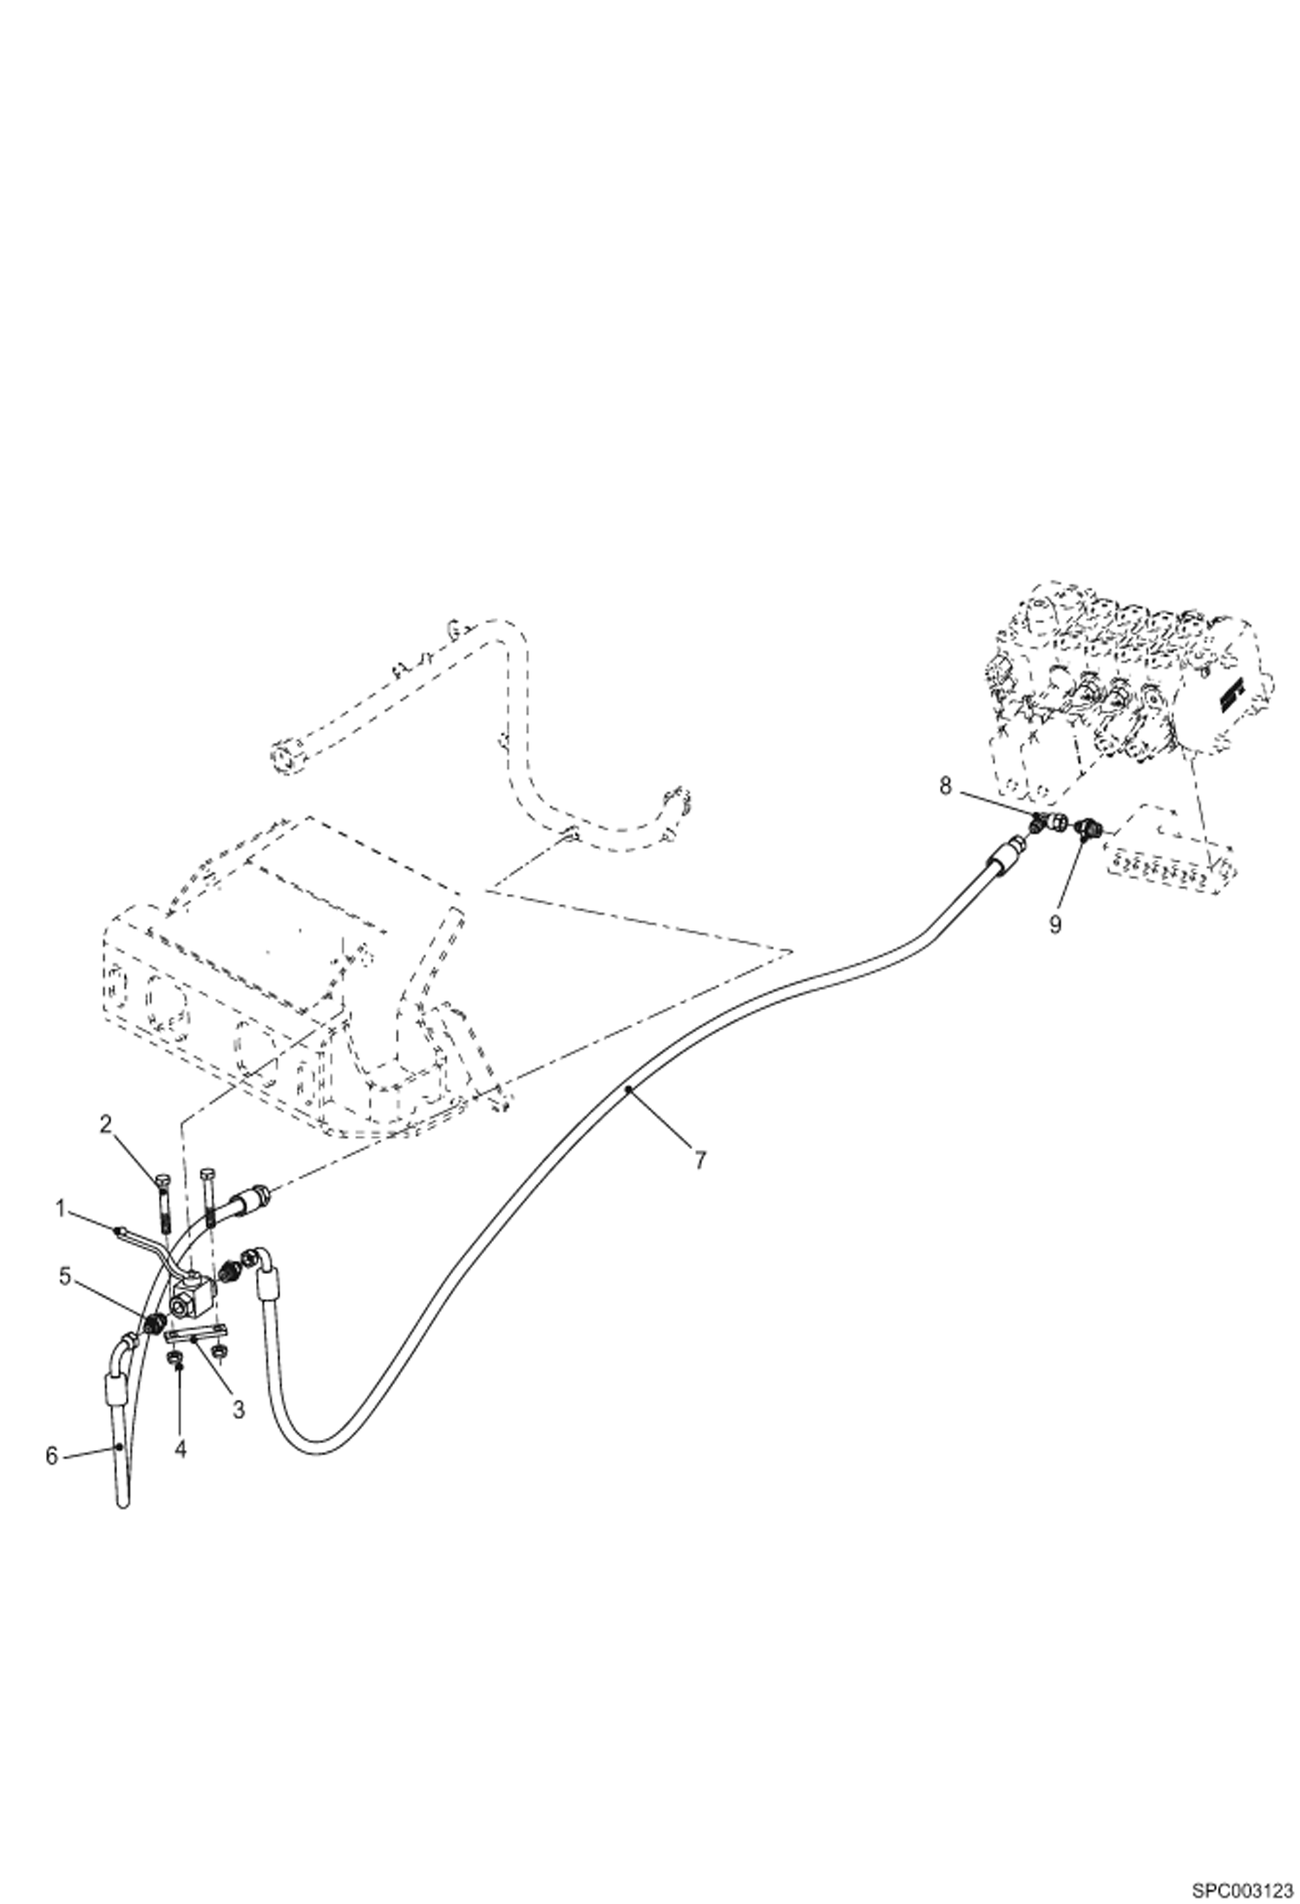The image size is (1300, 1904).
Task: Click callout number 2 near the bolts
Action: (x=106, y=1126)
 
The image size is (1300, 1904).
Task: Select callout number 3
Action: (x=239, y=1410)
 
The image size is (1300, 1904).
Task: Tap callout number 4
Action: (x=180, y=1449)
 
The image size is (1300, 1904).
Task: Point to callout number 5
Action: (x=64, y=1277)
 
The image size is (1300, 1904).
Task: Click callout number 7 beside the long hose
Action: (x=699, y=1159)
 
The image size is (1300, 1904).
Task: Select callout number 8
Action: (x=946, y=786)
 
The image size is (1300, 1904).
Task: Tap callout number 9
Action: (x=1054, y=925)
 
